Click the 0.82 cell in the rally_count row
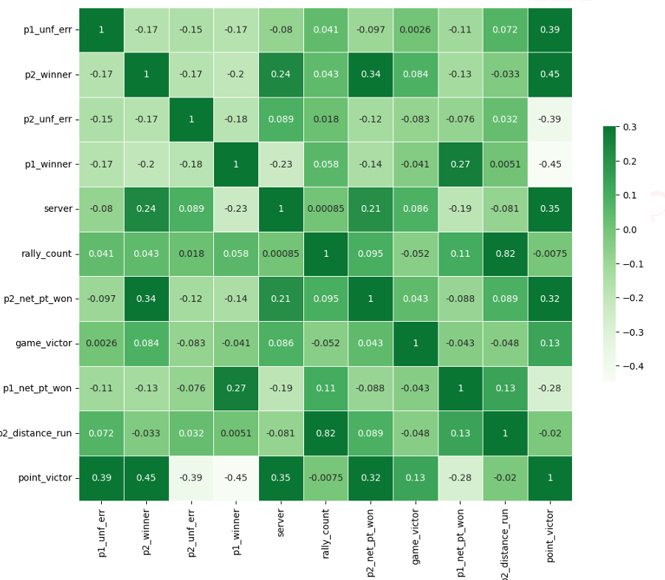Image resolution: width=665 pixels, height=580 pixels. pos(505,254)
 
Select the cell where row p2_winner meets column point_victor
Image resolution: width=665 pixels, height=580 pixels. pos(549,74)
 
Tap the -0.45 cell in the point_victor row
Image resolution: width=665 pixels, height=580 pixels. pos(235,478)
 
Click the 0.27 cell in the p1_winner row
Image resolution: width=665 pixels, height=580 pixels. pos(460,164)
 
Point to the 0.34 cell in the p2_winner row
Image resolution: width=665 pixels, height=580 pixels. pos(371,74)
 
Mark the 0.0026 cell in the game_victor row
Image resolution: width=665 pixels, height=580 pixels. pos(101,343)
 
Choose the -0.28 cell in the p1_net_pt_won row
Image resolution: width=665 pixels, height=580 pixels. pos(549,388)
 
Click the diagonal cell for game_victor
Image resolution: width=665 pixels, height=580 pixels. pos(415,343)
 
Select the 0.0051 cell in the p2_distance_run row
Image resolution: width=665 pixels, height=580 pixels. pos(235,433)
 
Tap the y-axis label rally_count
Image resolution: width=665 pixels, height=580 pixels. pos(47,254)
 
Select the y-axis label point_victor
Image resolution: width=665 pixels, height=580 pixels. pos(46,478)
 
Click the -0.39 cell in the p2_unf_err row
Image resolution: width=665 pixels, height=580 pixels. pos(549,119)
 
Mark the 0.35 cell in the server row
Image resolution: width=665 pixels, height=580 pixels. pos(549,209)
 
